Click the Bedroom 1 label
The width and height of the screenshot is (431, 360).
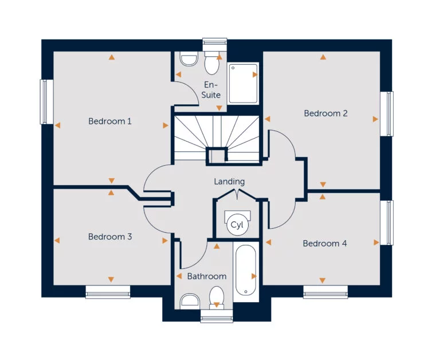(110, 121)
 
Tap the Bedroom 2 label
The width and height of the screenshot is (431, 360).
(326, 113)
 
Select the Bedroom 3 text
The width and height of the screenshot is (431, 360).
(110, 236)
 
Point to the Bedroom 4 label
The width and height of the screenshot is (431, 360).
(324, 243)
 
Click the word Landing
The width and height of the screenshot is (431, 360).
(229, 181)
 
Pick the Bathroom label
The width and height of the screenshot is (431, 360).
(207, 276)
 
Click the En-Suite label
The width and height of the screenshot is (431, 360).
(211, 89)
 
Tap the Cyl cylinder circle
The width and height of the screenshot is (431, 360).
(236, 225)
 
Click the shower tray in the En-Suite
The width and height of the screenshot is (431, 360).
(243, 83)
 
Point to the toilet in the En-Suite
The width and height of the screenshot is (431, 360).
(211, 65)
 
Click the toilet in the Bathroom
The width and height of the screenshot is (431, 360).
(216, 297)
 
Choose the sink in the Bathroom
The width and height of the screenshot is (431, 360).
(189, 301)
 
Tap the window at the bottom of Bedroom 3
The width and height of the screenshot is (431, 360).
(108, 292)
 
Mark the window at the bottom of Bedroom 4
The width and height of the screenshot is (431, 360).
(325, 292)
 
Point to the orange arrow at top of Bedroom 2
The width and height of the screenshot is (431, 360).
(323, 57)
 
